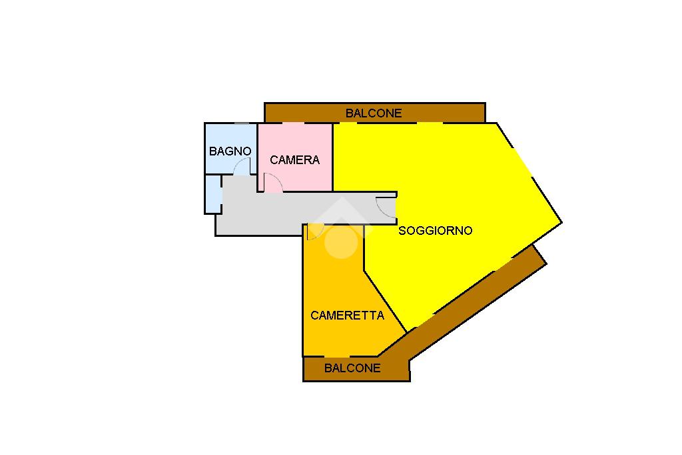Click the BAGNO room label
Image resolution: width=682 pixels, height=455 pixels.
[x=230, y=151]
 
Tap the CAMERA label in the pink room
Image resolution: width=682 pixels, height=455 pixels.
[x=294, y=160]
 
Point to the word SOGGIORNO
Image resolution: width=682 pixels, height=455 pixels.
[x=436, y=231]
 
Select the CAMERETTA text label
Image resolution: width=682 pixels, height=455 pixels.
[x=348, y=316]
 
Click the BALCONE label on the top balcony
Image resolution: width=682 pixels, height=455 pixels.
[x=374, y=113]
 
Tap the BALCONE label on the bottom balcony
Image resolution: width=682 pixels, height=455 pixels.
[x=352, y=368]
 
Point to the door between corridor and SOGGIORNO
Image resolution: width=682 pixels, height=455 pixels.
[x=386, y=207]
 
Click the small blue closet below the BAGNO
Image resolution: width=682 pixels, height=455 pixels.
[x=213, y=193]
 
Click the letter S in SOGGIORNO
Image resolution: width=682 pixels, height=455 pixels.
[x=402, y=231]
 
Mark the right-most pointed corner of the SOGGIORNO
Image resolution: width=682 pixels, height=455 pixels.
[x=561, y=222]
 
